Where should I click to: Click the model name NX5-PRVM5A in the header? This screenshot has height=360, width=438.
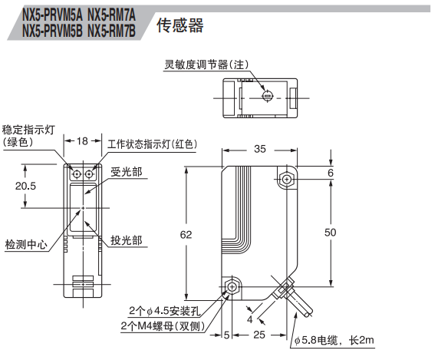click(52, 15)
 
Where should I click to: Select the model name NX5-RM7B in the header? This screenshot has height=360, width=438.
click(111, 31)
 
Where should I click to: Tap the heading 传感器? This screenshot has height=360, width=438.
click(180, 26)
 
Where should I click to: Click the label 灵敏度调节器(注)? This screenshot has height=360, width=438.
click(206, 64)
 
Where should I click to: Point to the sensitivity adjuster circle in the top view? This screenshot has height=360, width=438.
click(267, 96)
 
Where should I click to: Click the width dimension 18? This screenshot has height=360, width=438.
click(82, 141)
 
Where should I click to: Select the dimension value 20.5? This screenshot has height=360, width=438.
click(25, 186)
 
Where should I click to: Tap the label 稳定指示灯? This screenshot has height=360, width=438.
click(28, 130)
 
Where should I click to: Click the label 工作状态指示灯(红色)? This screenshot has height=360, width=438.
click(153, 144)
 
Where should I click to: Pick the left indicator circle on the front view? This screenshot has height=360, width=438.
click(76, 174)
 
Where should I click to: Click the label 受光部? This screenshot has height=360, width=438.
click(127, 172)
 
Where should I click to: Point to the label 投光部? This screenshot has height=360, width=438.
click(127, 240)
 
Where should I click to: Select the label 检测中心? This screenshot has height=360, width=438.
click(26, 245)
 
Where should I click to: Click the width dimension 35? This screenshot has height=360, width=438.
click(260, 149)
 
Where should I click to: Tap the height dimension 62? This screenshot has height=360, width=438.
click(186, 235)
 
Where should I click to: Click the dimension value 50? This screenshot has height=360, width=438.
click(330, 233)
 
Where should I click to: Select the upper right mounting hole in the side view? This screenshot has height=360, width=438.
click(287, 179)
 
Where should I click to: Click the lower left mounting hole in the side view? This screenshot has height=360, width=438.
click(232, 287)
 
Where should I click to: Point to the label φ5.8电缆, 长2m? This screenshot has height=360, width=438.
click(334, 341)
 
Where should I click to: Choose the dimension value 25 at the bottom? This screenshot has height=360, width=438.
click(259, 335)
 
